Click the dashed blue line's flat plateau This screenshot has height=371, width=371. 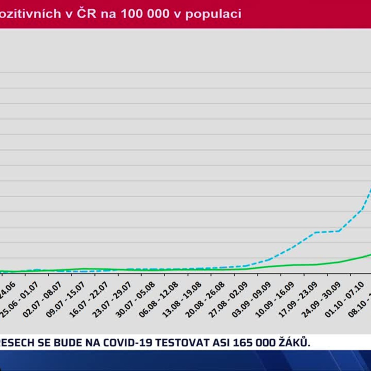[x=327, y=231]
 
